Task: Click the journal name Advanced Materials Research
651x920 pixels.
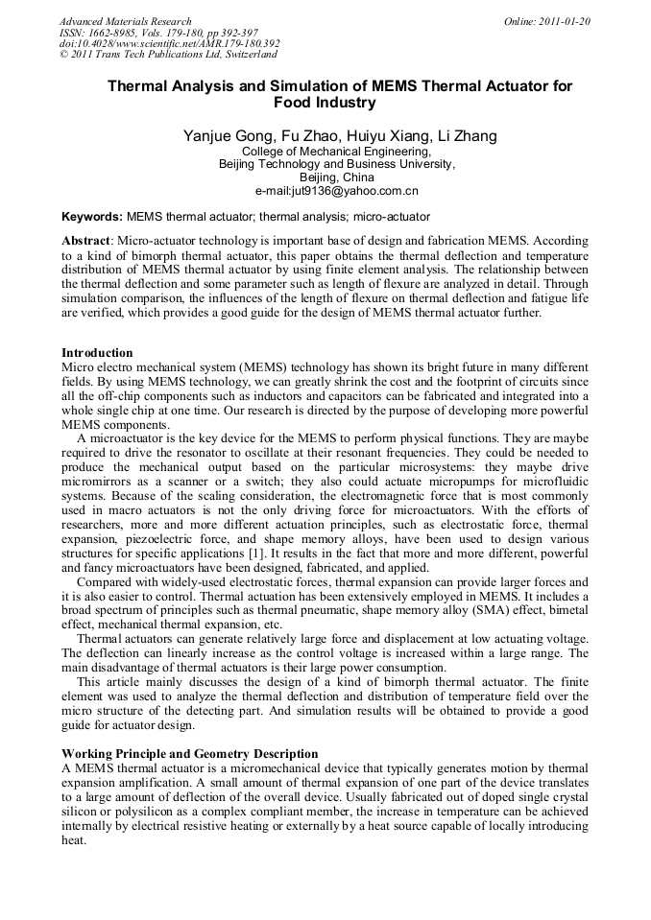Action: (x=125, y=21)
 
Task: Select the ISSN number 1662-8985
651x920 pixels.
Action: (x=121, y=33)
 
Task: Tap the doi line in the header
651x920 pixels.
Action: (x=169, y=43)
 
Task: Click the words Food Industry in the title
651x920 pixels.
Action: (x=325, y=102)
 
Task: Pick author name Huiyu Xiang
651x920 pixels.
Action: (x=386, y=136)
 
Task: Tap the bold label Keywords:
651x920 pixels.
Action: (x=92, y=218)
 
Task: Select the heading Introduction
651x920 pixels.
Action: (x=97, y=353)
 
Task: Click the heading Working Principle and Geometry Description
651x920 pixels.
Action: (x=189, y=753)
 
